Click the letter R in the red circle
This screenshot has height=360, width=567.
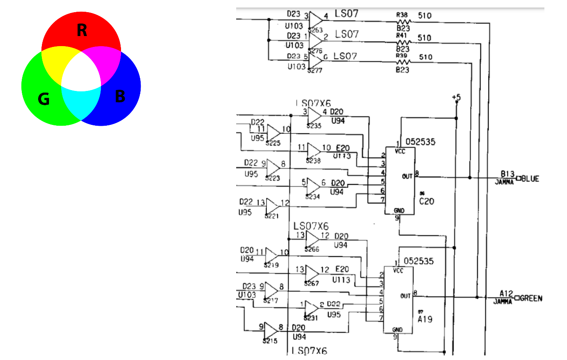point(82,31)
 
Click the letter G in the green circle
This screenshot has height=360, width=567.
point(44,99)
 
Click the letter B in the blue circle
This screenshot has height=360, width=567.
point(120,97)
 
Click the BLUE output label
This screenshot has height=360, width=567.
point(530,179)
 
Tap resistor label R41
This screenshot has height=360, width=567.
point(402,36)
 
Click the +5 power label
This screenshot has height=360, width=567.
point(456,97)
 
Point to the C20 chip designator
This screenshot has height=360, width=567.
point(427,201)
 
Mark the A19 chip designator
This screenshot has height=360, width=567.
point(425,319)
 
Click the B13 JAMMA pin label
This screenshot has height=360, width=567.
point(508,174)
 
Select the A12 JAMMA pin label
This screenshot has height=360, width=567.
point(506,293)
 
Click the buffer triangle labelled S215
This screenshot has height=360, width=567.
point(270,330)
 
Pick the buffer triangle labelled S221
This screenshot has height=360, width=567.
point(272,206)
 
